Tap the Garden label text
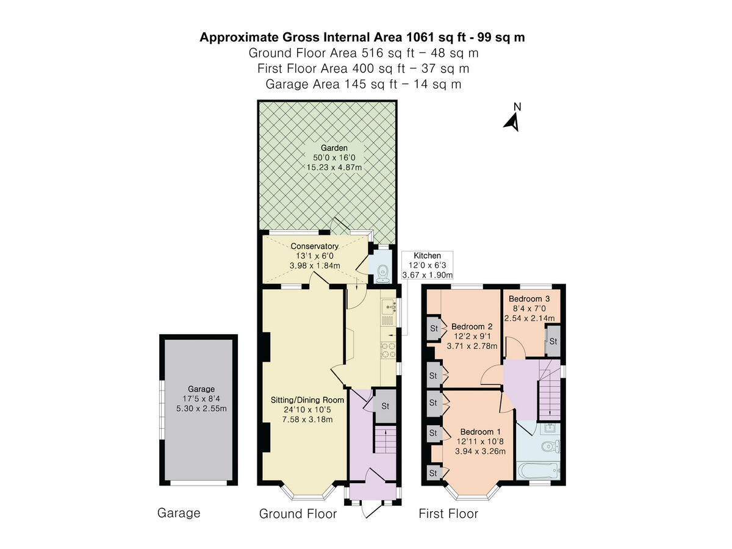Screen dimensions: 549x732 334,148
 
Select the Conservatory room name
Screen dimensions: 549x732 314,246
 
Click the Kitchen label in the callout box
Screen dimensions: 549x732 428,256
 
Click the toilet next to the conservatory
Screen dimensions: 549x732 382,274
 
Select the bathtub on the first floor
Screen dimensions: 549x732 537,471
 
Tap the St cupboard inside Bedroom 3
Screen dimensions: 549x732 553,342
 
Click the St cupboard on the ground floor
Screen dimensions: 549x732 385,406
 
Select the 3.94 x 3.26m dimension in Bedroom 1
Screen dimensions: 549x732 480,451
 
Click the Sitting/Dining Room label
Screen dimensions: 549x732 307,400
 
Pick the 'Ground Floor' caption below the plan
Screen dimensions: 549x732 298,514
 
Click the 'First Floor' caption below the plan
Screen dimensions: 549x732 448,514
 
